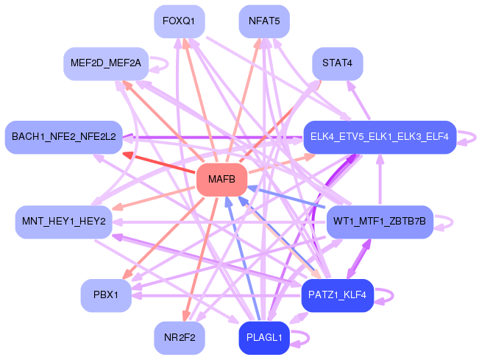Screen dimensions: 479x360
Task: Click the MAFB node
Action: (x=221, y=180)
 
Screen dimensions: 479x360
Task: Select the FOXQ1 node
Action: (x=180, y=21)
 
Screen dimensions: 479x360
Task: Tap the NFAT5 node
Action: (x=264, y=21)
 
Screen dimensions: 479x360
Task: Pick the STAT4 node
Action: (x=338, y=63)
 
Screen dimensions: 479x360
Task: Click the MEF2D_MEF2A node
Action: (x=106, y=63)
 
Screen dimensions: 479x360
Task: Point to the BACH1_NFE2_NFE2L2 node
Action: (x=64, y=137)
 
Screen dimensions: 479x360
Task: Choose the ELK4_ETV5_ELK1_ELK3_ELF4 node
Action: (x=380, y=137)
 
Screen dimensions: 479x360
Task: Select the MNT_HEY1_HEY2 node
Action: (x=64, y=222)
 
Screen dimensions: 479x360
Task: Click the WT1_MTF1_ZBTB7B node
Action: (x=380, y=222)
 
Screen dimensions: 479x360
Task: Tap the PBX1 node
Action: (x=106, y=295)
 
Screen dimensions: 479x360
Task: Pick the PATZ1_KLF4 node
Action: (x=338, y=295)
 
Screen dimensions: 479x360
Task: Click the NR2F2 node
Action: (x=180, y=338)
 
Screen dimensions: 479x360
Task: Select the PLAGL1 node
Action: (x=264, y=338)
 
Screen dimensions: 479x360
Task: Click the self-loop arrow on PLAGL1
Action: (x=308, y=338)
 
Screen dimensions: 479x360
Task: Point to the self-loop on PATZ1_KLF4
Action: (x=393, y=295)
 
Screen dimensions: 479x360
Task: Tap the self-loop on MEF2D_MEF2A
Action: (x=168, y=63)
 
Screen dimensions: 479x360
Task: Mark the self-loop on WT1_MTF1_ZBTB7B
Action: (x=452, y=222)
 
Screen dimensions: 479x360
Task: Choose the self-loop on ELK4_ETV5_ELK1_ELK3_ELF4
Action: (x=475, y=137)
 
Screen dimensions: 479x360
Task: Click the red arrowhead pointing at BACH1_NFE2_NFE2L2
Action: (x=128, y=155)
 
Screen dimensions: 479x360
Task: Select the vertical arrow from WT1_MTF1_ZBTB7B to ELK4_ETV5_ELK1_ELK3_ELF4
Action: (x=380, y=180)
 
